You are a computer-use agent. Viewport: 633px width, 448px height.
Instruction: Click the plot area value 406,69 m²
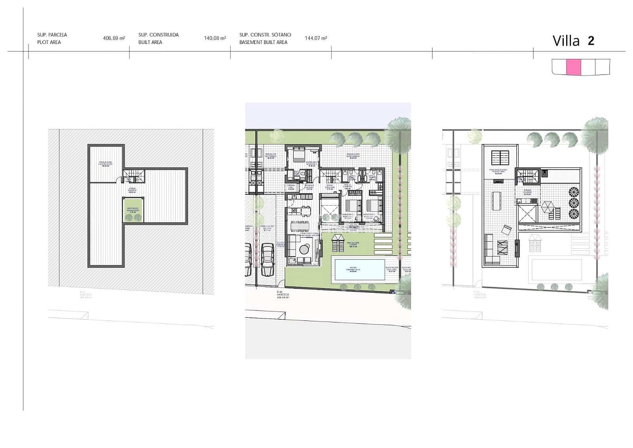114,38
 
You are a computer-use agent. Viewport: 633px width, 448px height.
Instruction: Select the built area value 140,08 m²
215,38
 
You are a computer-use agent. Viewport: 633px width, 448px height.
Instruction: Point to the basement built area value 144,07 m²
316,38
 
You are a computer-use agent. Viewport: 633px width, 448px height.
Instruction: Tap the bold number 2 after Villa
591,41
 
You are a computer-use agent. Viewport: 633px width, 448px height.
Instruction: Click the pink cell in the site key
574,67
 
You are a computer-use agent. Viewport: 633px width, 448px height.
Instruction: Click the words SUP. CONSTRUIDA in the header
158,35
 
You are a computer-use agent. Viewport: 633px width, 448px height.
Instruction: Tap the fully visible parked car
267,259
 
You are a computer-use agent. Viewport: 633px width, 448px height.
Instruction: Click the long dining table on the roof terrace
496,201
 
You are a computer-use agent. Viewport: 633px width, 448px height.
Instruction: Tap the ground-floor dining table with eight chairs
300,226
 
